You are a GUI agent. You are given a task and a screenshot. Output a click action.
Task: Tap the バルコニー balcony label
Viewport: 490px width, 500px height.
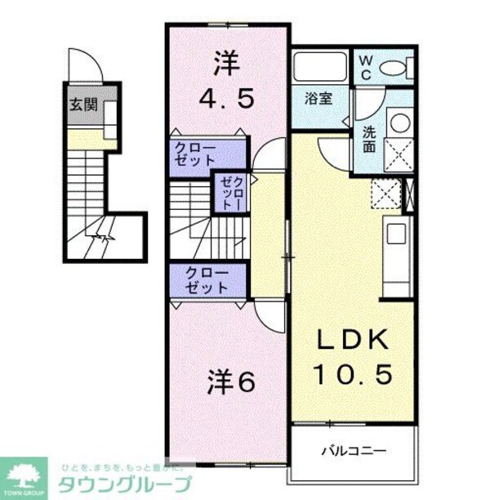[353, 450]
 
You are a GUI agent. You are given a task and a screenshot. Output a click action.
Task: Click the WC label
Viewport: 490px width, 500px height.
[364, 67]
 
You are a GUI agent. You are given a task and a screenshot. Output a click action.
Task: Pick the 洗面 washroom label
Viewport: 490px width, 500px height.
[369, 140]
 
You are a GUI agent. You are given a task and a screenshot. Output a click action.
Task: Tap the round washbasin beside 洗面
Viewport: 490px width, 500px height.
[400, 123]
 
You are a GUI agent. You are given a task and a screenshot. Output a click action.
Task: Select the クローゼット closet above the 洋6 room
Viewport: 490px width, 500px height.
[207, 280]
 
